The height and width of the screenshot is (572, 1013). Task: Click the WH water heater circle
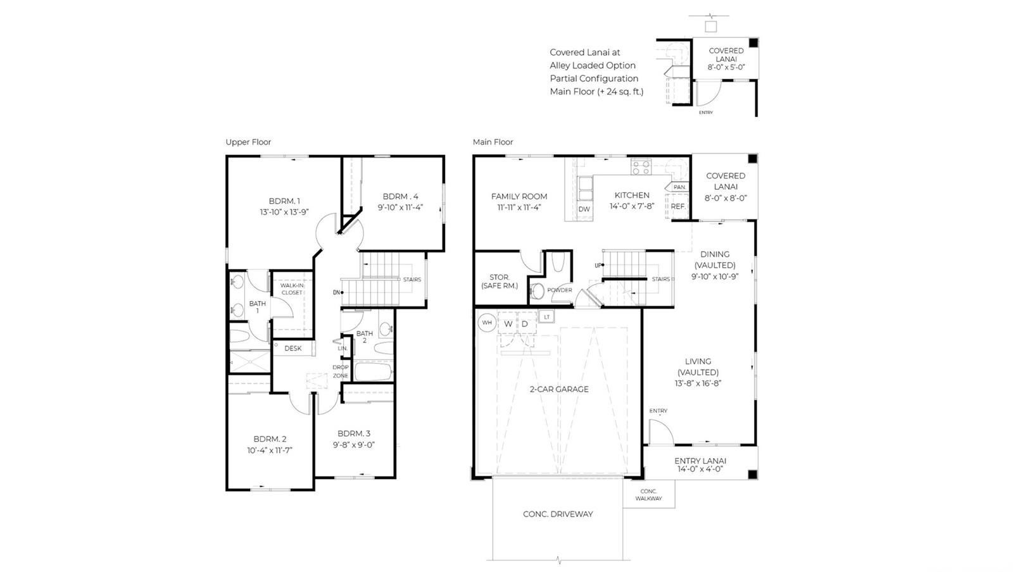487,323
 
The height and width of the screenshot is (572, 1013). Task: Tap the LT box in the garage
547,317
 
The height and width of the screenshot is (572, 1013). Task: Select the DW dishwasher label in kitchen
584,209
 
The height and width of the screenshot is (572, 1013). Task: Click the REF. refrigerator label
678,206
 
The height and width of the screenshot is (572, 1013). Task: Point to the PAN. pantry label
679,187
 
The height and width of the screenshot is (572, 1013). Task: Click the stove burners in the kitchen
641,167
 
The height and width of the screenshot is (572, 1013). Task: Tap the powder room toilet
537,291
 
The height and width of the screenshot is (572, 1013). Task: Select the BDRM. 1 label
284,201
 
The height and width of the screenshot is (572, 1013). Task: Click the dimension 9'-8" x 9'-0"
354,445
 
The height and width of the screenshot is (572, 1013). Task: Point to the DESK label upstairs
293,349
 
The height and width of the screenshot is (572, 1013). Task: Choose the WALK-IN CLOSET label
292,289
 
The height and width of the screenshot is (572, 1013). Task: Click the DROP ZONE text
341,371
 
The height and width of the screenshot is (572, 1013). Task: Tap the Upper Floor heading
248,142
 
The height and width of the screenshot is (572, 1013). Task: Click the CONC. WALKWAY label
648,495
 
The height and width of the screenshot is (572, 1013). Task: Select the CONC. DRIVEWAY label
558,514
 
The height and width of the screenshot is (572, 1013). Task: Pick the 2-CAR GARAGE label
559,389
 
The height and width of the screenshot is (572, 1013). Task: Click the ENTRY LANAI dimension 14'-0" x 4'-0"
700,469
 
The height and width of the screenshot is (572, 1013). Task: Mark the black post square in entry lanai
752,475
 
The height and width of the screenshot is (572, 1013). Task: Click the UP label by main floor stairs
598,265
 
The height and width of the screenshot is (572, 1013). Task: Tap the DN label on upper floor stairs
336,293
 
